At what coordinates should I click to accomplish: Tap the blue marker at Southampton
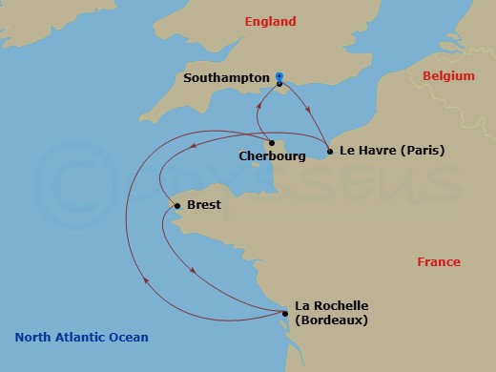pos(279,77)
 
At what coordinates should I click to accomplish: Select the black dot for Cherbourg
pos(272,143)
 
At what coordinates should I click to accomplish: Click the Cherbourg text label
pos(272,156)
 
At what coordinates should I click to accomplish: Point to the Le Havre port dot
pos(329,151)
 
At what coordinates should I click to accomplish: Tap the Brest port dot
pos(177,205)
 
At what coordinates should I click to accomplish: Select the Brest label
pos(204,205)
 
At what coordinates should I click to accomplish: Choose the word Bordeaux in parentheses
pos(332,320)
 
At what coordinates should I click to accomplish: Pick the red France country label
pos(439,261)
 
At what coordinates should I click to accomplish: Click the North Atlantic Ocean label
pos(82,337)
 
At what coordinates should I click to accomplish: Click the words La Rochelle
pos(331,305)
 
